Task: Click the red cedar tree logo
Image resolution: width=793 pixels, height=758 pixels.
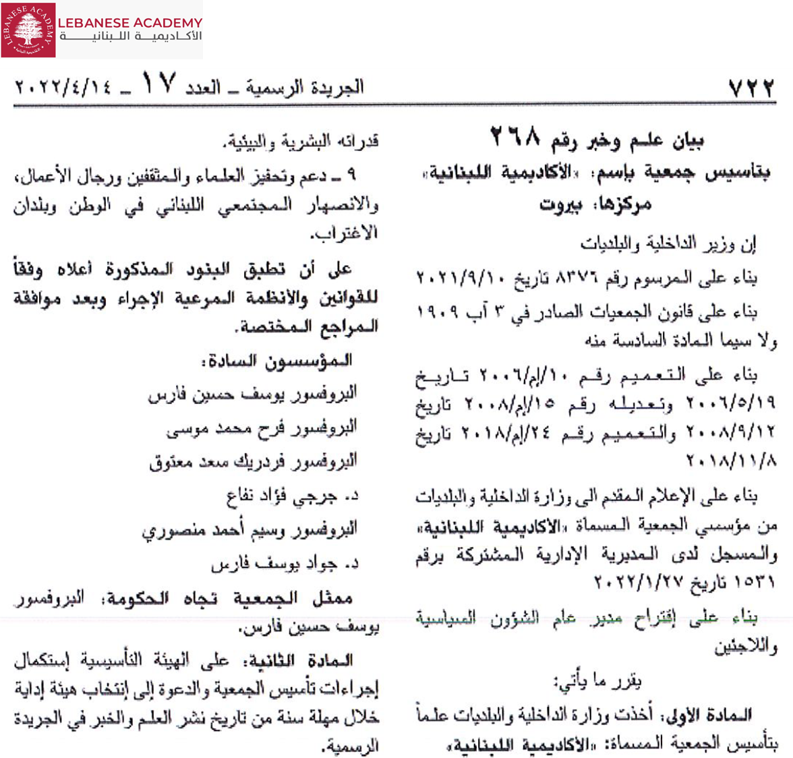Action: tap(28, 29)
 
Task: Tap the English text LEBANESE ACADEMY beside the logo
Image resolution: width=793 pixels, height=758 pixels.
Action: tap(129, 23)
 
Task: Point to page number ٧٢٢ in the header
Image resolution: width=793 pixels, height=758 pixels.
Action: tap(751, 88)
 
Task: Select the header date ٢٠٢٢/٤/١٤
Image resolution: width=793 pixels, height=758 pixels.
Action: tap(63, 88)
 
